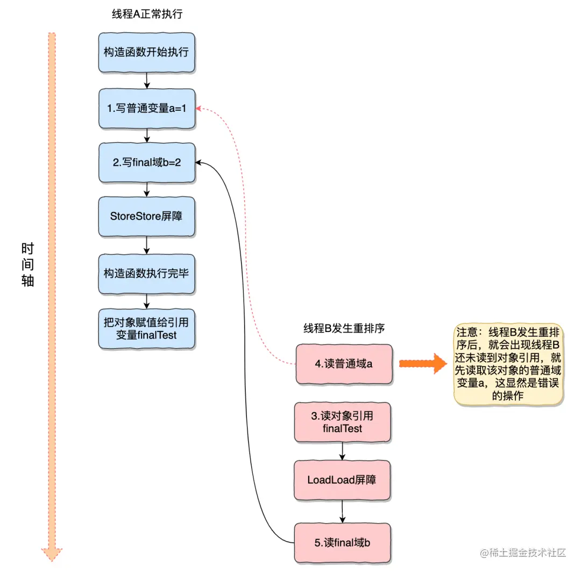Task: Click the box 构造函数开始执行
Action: pyautogui.click(x=146, y=52)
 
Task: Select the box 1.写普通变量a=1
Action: pyautogui.click(x=146, y=108)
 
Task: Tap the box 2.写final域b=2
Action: pyautogui.click(x=146, y=162)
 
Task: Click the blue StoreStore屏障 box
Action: pyautogui.click(x=146, y=216)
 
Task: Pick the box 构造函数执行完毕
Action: pyautogui.click(x=146, y=273)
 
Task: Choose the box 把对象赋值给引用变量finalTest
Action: pyautogui.click(x=146, y=328)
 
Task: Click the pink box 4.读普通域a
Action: pyautogui.click(x=343, y=364)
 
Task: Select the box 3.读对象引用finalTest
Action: pyautogui.click(x=343, y=422)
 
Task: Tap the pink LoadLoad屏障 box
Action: pyautogui.click(x=342, y=479)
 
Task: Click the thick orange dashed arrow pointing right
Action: pyautogui.click(x=423, y=364)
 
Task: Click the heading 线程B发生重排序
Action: pyautogui.click(x=344, y=328)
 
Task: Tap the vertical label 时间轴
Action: pyautogui.click(x=27, y=264)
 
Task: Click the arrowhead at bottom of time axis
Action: pyautogui.click(x=52, y=554)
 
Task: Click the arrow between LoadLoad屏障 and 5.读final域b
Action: pyautogui.click(x=342, y=511)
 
